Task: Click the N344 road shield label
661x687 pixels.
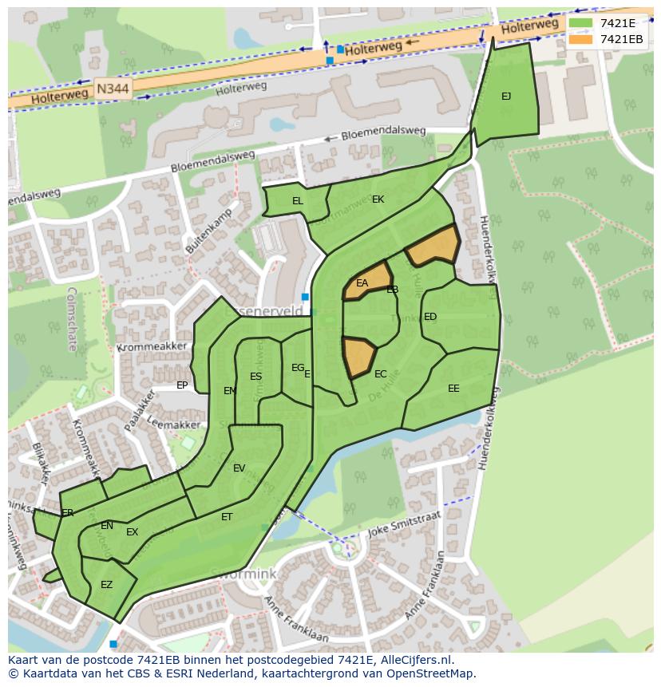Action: click(x=113, y=89)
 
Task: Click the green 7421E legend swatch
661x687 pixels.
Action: click(x=581, y=23)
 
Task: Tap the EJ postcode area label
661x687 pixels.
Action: click(x=506, y=97)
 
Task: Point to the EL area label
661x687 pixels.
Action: click(x=298, y=201)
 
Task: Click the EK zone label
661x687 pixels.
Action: click(x=378, y=199)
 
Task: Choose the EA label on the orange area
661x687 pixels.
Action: click(x=362, y=283)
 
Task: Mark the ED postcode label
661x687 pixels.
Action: click(x=430, y=317)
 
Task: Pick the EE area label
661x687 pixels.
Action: click(x=453, y=389)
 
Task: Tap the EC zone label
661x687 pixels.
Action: click(x=381, y=374)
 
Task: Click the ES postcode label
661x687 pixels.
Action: click(x=255, y=377)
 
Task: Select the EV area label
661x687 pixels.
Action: click(x=239, y=468)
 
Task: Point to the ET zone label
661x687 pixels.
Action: click(x=227, y=517)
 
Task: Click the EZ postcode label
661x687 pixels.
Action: click(x=106, y=585)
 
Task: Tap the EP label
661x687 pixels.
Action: click(x=182, y=385)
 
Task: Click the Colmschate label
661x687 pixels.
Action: click(x=71, y=319)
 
